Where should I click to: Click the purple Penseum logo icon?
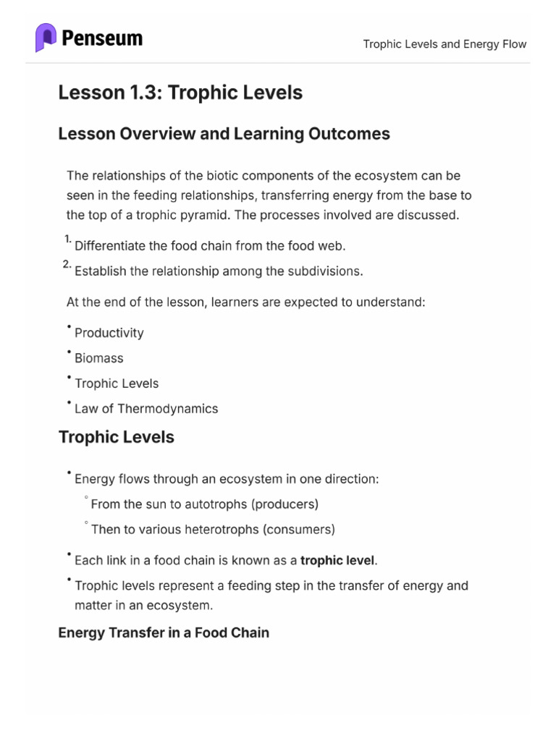tap(46, 38)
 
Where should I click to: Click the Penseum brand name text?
tap(102, 38)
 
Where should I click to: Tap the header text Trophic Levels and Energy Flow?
tap(445, 44)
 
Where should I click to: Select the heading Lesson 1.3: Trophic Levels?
tap(180, 93)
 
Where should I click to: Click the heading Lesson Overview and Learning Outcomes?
tap(224, 134)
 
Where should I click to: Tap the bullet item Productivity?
tap(109, 333)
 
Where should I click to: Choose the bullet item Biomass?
tap(99, 358)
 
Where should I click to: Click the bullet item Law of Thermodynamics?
tap(146, 409)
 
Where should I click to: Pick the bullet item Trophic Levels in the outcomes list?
tap(117, 384)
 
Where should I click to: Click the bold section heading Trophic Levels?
tap(116, 437)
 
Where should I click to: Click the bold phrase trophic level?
tap(338, 560)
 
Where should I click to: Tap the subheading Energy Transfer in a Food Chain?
tap(164, 632)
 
